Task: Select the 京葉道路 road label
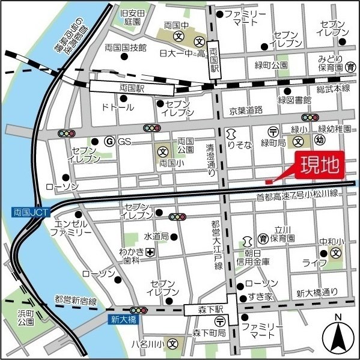(x=246, y=110)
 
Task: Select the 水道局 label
(x=157, y=237)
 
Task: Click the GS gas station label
(x=124, y=141)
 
